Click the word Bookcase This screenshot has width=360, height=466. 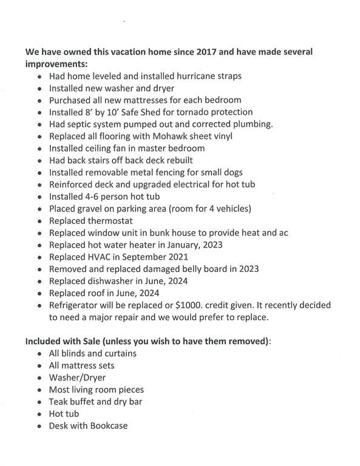pos(107,426)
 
